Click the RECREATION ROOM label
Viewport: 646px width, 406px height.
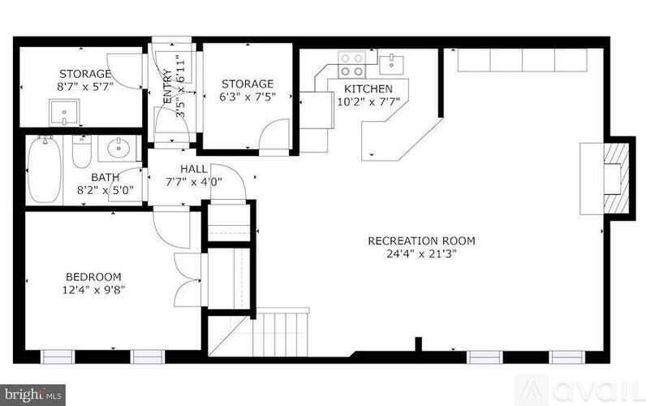point(421,240)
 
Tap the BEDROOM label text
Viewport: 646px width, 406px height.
point(93,277)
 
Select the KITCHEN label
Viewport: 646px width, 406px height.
point(368,89)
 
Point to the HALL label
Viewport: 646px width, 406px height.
point(194,169)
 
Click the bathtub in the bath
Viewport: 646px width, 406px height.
point(44,170)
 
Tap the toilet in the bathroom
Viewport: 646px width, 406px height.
point(81,152)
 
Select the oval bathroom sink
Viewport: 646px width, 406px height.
point(119,149)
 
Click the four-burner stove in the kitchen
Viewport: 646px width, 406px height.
point(351,65)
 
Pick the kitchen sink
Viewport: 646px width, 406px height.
point(391,64)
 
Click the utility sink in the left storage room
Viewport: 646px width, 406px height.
point(64,113)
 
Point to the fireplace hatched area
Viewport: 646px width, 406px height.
point(616,179)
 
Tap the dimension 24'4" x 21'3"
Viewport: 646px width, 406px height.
point(421,254)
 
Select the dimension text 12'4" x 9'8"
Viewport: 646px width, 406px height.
point(93,290)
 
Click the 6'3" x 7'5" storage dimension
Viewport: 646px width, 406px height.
point(248,97)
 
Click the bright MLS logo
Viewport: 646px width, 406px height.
point(33,395)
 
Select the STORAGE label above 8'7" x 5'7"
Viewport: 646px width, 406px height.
point(85,74)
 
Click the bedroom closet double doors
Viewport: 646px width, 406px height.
point(187,280)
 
